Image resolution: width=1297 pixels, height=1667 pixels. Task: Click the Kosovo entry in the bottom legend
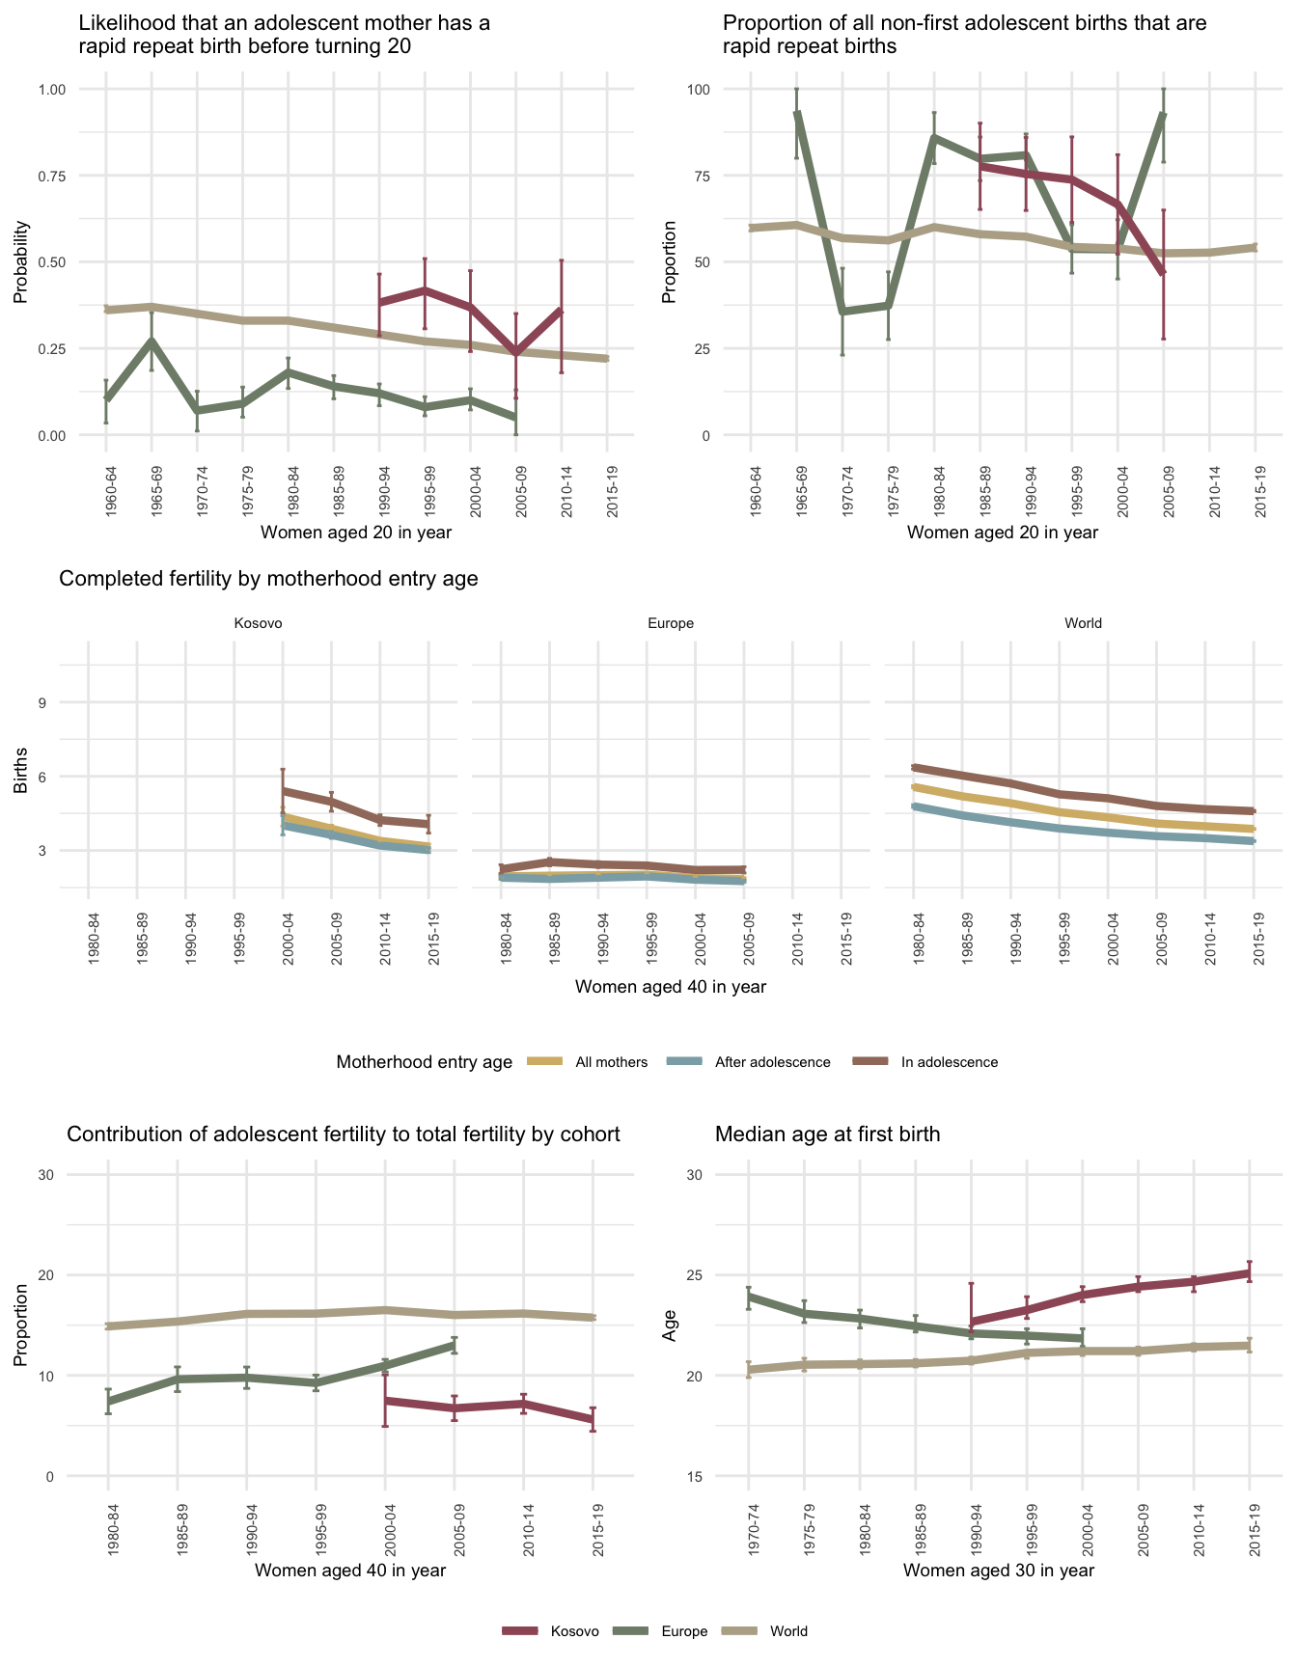pyautogui.click(x=574, y=1631)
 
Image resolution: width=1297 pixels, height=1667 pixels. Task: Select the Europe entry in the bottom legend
pyautogui.click(x=684, y=1631)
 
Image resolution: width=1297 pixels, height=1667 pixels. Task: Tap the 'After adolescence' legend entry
pyautogui.click(x=772, y=1062)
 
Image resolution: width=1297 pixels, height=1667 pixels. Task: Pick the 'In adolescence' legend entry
pyautogui.click(x=949, y=1062)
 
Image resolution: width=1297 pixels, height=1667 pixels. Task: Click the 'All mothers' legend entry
pyautogui.click(x=611, y=1062)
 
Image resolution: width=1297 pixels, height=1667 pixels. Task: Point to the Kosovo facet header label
pyautogui.click(x=259, y=623)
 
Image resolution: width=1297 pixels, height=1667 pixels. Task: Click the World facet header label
pyautogui.click(x=1083, y=623)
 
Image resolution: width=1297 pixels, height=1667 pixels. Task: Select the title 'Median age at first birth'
pyautogui.click(x=827, y=1134)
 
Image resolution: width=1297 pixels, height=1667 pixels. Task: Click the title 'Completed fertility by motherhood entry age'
pyautogui.click(x=268, y=579)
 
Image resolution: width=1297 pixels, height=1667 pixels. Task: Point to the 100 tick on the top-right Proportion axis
pyautogui.click(x=698, y=90)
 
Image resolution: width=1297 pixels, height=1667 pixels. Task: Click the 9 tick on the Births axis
pyautogui.click(x=42, y=702)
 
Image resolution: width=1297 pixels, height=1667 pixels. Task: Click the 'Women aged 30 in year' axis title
pyautogui.click(x=999, y=1571)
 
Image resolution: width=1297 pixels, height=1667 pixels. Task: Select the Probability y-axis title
pyautogui.click(x=20, y=262)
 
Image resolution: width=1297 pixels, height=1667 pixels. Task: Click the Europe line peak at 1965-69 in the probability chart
pyautogui.click(x=152, y=340)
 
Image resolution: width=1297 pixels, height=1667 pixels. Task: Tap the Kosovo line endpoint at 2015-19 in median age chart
pyautogui.click(x=1250, y=1273)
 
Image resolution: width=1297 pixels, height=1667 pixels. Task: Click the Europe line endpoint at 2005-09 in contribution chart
pyautogui.click(x=454, y=1345)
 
